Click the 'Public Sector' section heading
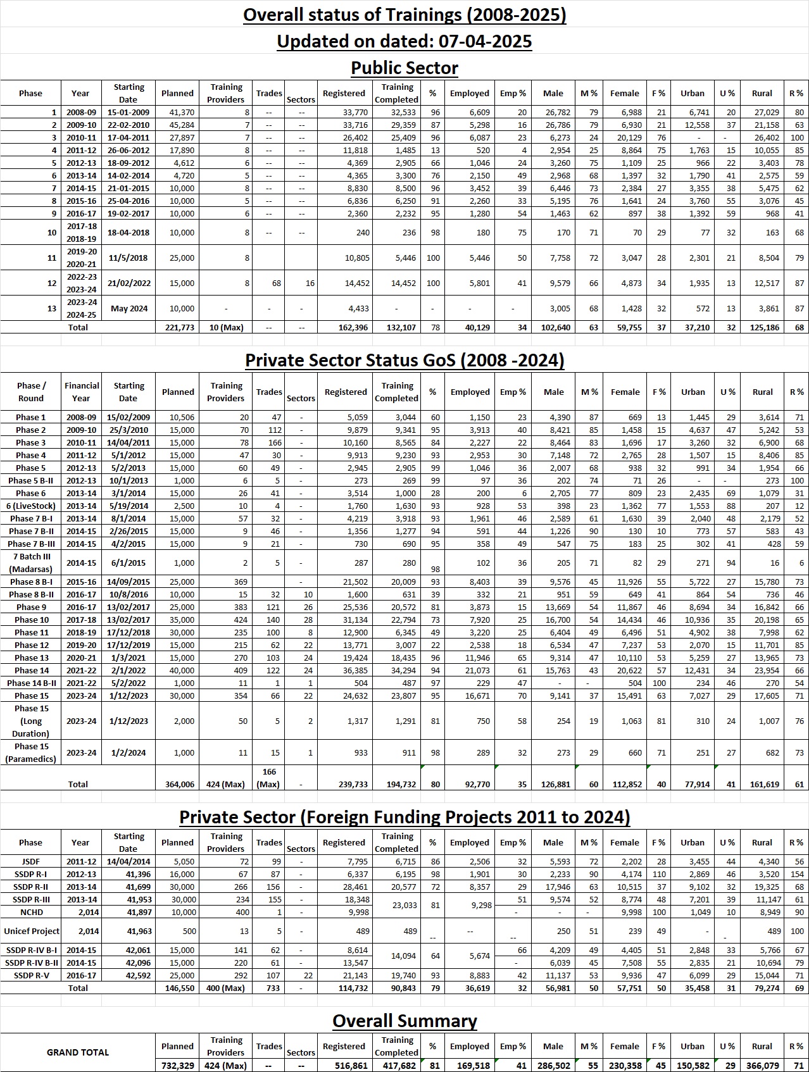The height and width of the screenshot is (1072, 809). (x=404, y=68)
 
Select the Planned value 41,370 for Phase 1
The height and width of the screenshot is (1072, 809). (x=178, y=113)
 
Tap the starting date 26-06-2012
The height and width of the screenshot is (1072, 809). (x=129, y=151)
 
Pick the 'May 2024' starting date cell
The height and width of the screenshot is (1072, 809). (x=129, y=309)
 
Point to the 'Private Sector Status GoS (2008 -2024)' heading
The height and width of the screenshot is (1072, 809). (x=404, y=360)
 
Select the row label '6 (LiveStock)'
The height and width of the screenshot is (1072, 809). (x=31, y=506)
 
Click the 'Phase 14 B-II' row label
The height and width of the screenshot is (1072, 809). (x=31, y=683)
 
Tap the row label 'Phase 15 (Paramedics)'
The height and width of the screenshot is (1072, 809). (x=31, y=752)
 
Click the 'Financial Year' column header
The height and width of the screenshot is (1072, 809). (x=81, y=392)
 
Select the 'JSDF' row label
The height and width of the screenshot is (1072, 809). (x=31, y=862)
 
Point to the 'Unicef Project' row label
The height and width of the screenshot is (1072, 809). (x=31, y=932)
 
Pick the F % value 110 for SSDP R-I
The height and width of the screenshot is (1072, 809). (x=660, y=875)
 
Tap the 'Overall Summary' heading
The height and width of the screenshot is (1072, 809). (x=404, y=1021)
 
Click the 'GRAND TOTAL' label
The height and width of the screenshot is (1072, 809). (x=78, y=1052)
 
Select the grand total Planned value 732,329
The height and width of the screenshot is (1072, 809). (x=177, y=1066)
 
